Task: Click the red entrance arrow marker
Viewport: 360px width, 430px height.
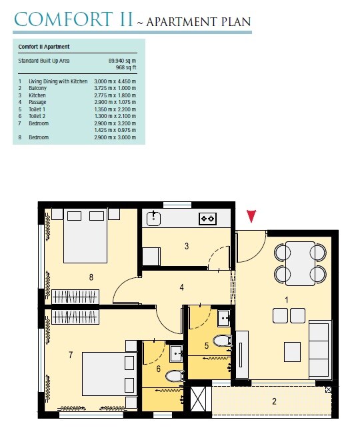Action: coord(251,216)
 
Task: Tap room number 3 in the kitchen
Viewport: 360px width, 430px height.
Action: coord(187,246)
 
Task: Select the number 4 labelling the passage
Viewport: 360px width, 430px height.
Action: coord(181,288)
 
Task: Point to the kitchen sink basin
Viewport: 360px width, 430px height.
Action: coord(154,217)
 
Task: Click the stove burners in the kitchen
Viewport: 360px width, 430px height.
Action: coord(207,218)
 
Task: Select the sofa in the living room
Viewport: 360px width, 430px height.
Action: coord(319,340)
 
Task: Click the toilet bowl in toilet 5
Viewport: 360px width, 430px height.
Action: coord(222,341)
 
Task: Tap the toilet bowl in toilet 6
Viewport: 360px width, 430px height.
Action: coord(173,376)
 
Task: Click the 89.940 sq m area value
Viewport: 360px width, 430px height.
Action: coord(122,61)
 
